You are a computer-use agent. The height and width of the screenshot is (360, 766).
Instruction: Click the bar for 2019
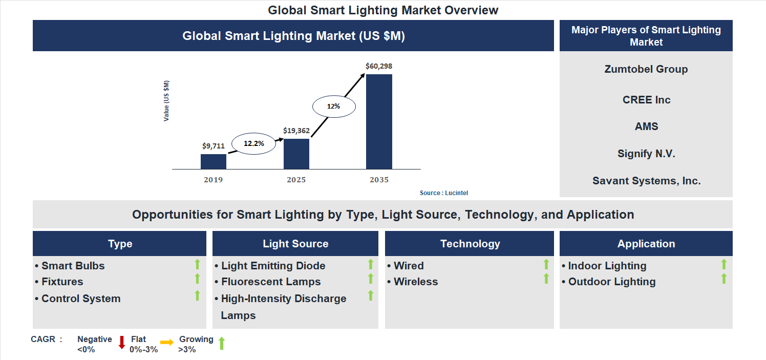(x=214, y=161)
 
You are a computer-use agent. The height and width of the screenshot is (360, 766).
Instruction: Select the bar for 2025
(x=296, y=154)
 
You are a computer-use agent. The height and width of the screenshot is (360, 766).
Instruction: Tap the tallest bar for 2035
(x=379, y=122)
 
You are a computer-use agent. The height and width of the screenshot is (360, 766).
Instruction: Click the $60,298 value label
(x=379, y=66)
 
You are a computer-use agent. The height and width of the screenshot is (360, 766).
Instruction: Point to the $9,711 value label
(x=214, y=146)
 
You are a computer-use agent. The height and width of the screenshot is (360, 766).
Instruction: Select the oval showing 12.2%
(x=253, y=144)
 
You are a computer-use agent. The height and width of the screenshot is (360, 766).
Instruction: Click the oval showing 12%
(x=334, y=107)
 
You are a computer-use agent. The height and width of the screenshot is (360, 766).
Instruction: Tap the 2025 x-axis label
(x=296, y=180)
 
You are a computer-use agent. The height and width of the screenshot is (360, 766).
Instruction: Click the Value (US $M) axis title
(x=166, y=101)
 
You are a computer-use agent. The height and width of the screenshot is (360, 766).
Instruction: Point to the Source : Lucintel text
(x=444, y=193)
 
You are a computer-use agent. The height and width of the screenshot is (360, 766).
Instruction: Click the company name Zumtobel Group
(x=646, y=69)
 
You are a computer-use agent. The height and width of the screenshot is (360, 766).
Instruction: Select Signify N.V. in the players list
(x=646, y=154)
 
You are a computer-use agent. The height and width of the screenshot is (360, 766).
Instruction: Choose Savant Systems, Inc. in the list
(x=646, y=181)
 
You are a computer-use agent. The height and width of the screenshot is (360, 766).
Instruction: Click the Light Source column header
(x=295, y=244)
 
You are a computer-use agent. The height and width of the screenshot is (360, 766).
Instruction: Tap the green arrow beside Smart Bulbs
(x=197, y=264)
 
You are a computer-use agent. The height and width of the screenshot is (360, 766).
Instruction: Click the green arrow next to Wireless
(x=546, y=279)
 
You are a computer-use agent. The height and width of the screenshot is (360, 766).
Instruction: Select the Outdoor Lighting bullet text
(x=611, y=282)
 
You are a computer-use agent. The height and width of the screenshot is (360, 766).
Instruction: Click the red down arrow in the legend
(x=122, y=343)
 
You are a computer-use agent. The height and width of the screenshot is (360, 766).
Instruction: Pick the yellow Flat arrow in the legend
(x=167, y=343)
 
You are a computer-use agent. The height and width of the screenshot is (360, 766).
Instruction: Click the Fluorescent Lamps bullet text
(x=270, y=282)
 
